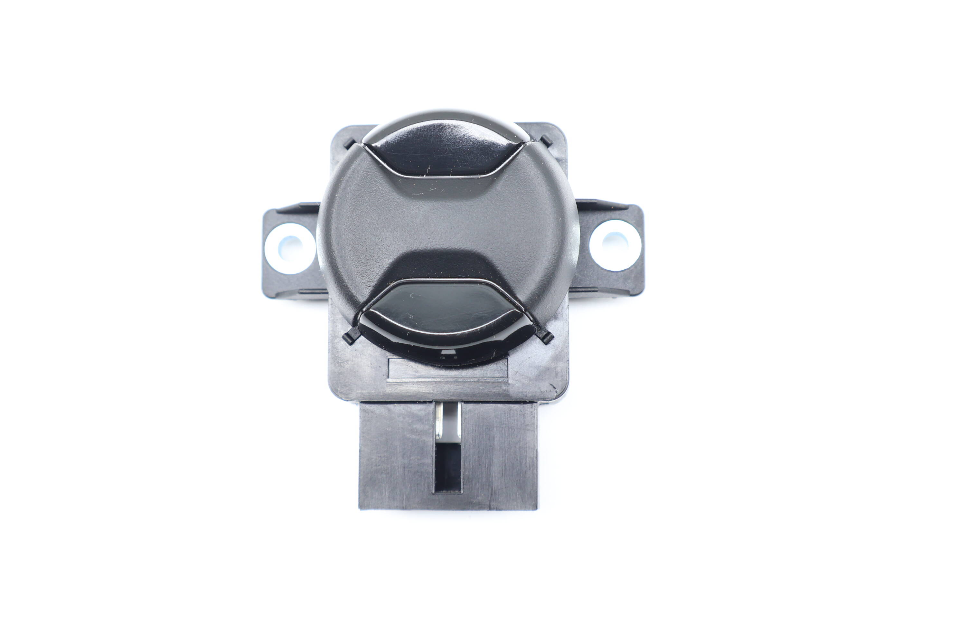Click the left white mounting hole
tap(290, 248)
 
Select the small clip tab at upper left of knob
tap(350, 143)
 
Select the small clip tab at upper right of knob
tap(546, 141)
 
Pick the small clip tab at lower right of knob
tap(548, 337)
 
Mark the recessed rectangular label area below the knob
tap(448, 369)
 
